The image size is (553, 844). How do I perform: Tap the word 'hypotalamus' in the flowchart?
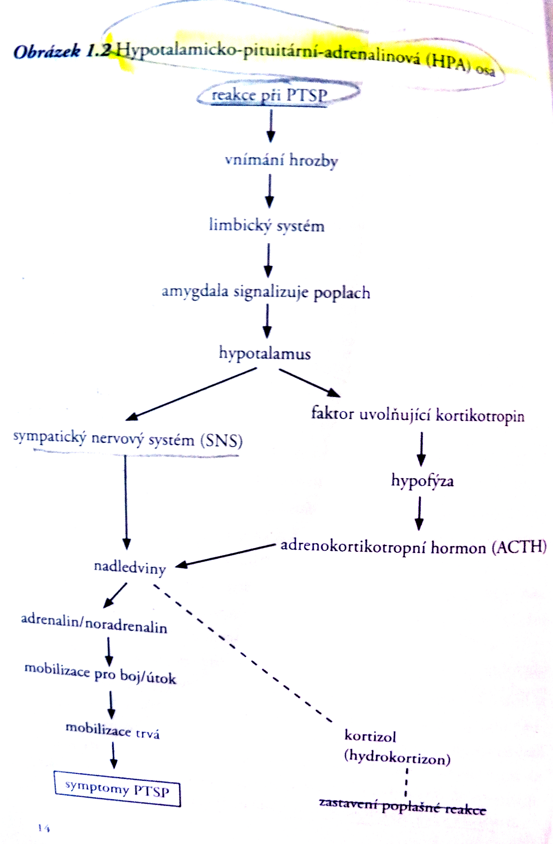[x=265, y=354]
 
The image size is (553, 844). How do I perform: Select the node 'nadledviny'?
[x=130, y=567]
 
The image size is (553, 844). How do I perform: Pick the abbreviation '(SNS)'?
[x=221, y=441]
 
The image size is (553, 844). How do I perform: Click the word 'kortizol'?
[x=370, y=736]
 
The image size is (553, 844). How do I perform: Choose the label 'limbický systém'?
[x=267, y=226]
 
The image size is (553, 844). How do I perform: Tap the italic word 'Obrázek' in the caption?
[x=47, y=52]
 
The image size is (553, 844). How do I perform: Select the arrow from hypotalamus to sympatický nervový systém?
[x=192, y=394]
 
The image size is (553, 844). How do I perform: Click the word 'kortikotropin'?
[x=480, y=416]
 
